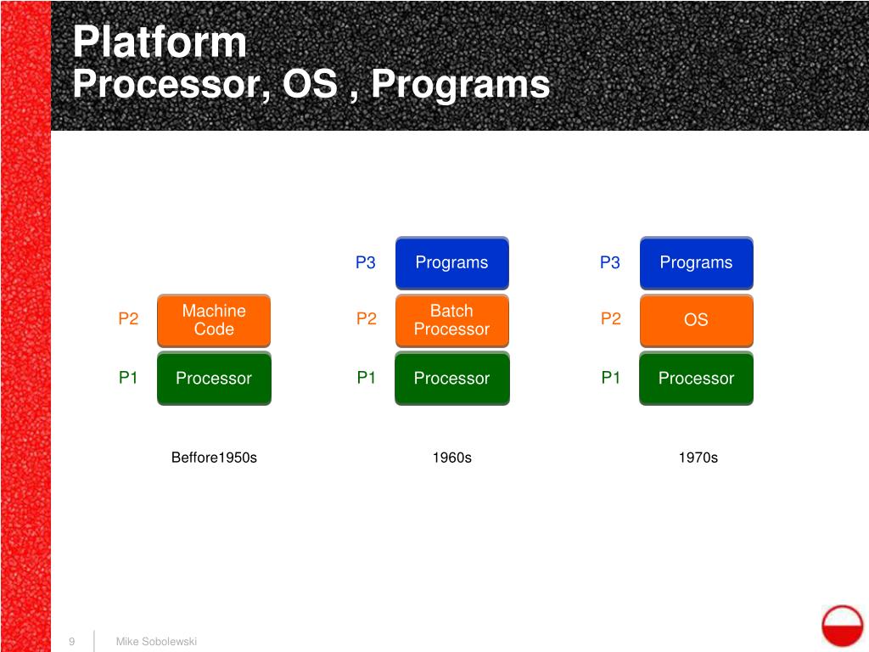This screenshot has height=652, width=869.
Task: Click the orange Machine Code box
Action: click(214, 320)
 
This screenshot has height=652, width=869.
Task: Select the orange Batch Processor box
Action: click(451, 320)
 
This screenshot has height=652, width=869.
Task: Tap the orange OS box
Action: click(696, 320)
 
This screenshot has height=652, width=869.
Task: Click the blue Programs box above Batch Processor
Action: click(451, 262)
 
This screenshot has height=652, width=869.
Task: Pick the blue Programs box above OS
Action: click(696, 262)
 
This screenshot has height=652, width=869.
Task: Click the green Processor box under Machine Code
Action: click(214, 378)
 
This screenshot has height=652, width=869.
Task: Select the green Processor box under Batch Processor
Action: click(451, 378)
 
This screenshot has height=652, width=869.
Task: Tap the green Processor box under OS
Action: click(696, 378)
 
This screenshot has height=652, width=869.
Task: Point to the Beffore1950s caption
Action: click(214, 458)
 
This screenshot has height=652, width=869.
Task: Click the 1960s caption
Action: click(451, 458)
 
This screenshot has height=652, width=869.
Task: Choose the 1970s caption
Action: click(698, 458)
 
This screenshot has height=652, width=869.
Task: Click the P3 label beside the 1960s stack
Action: click(365, 262)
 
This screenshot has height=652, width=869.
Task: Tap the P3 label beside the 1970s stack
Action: click(610, 262)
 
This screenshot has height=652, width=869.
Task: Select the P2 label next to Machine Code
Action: click(128, 319)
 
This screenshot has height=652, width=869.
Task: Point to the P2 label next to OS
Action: click(611, 319)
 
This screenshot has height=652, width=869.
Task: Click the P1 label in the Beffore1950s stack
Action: click(128, 378)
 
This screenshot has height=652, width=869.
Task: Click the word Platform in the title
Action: click(160, 42)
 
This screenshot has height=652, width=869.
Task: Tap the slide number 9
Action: click(72, 641)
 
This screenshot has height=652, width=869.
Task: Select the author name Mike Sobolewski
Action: click(156, 641)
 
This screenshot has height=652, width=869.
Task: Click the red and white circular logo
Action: click(842, 626)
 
